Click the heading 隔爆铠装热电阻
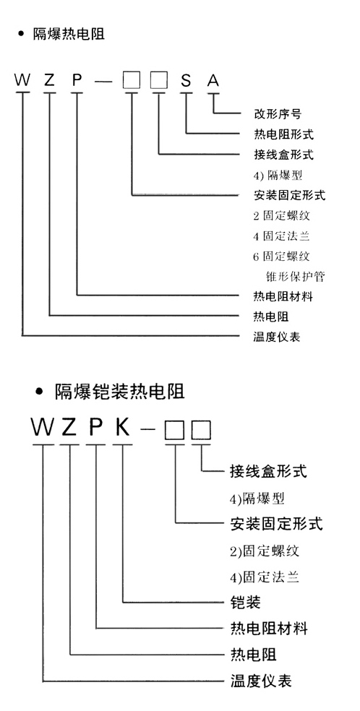[x=120, y=392]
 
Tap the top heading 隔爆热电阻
[x=69, y=34]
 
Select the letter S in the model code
[x=186, y=80]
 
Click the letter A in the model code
[x=213, y=80]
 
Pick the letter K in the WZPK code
[x=122, y=427]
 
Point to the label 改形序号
[x=277, y=113]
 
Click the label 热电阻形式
[x=283, y=134]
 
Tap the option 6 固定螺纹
[x=281, y=256]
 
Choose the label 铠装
[x=245, y=603]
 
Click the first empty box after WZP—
[x=132, y=81]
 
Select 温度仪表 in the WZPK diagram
[x=261, y=681]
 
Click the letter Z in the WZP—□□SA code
[x=49, y=80]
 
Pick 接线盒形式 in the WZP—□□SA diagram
[x=283, y=155]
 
